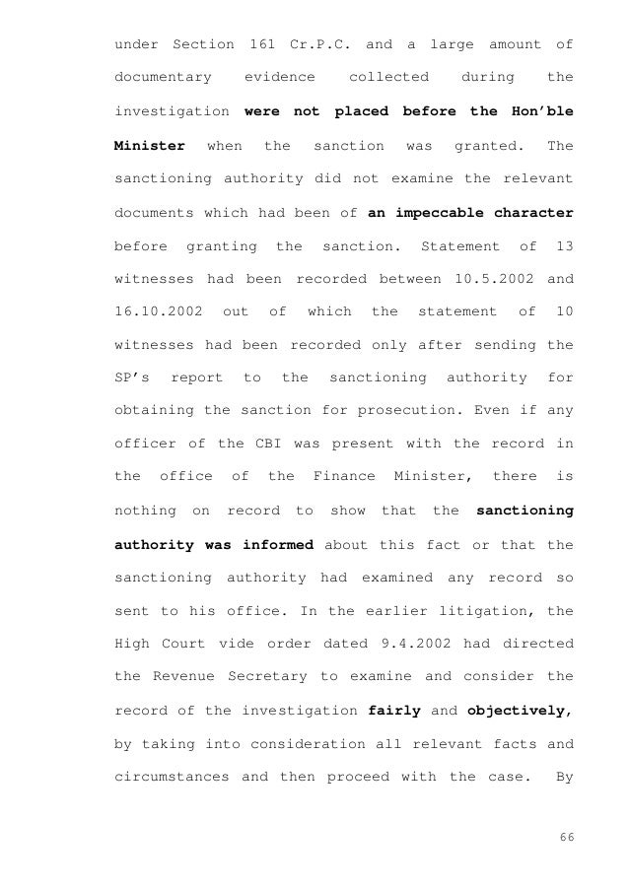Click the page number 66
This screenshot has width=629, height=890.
coord(564,841)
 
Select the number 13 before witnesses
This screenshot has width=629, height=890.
coord(564,245)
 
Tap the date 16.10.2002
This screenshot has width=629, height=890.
coord(159,312)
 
